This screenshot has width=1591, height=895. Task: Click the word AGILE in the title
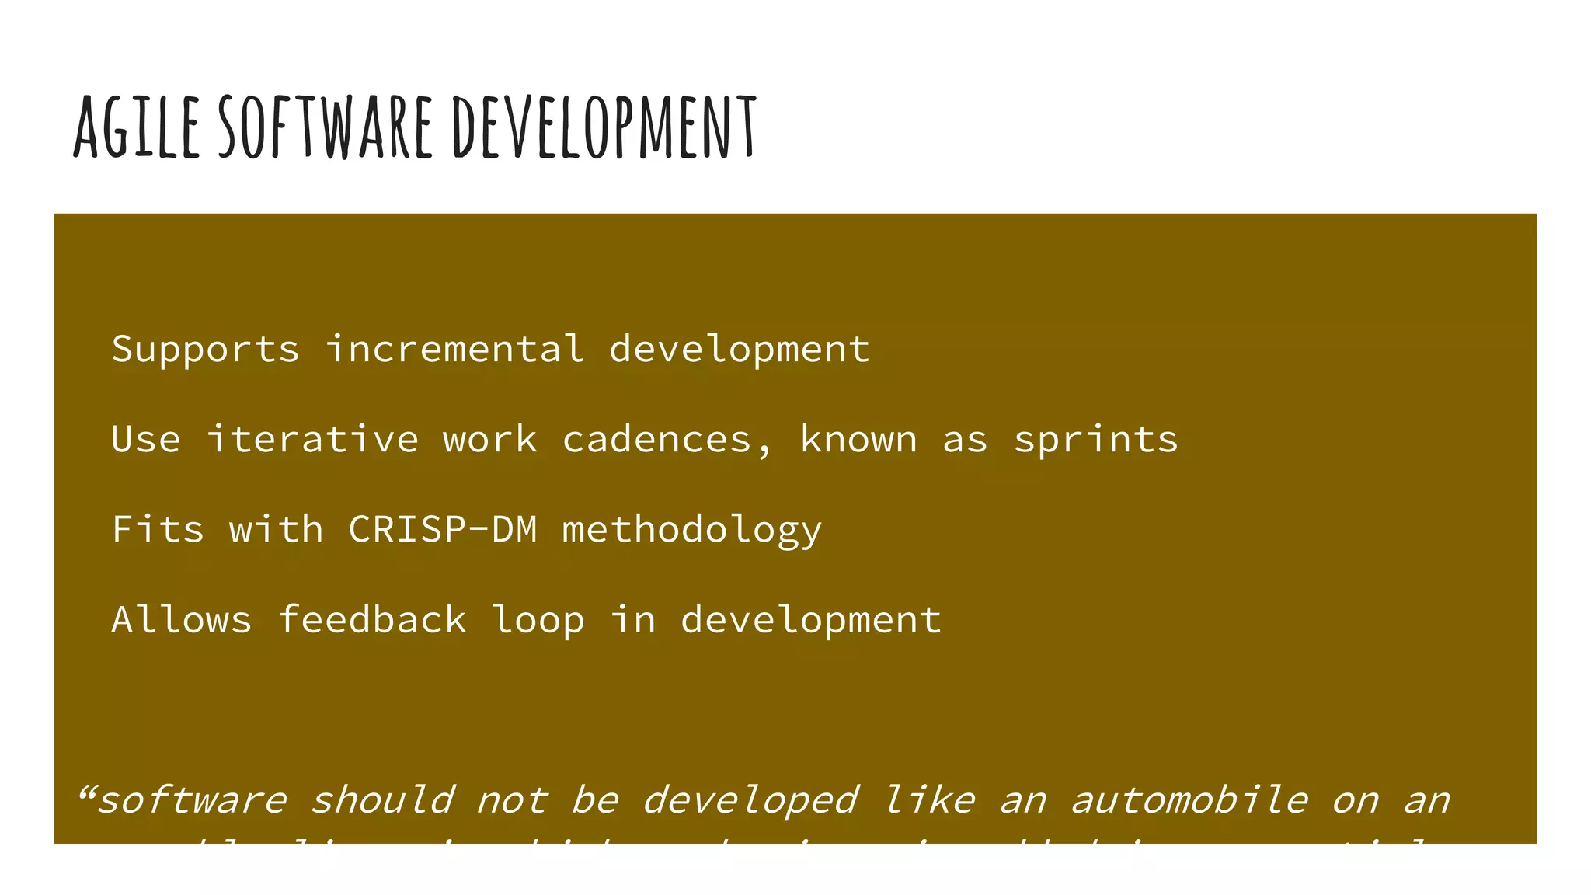(x=137, y=127)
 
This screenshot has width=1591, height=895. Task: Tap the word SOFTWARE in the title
(x=325, y=127)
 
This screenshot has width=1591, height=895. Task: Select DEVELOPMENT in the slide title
(x=604, y=127)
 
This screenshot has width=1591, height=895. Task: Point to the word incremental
(x=454, y=349)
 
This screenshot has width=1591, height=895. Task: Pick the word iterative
(x=312, y=439)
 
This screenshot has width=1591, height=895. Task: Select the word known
(x=858, y=439)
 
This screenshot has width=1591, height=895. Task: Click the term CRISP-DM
(x=443, y=529)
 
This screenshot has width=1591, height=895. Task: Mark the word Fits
(x=158, y=529)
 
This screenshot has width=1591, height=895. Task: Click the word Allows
(x=182, y=619)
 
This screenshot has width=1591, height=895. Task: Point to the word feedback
(x=372, y=619)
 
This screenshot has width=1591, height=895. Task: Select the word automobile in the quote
(x=1189, y=800)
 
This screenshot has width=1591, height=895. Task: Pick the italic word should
(x=381, y=800)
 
